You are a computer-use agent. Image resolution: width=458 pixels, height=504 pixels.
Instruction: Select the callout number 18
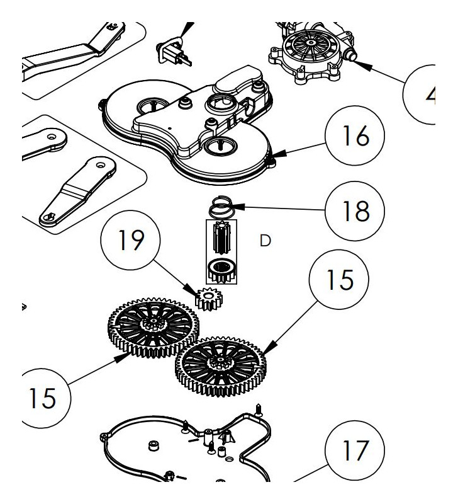click(x=355, y=212)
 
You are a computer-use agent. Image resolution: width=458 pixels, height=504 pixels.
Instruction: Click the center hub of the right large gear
click(x=220, y=362)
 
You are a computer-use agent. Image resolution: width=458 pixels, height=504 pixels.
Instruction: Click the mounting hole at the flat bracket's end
click(x=49, y=217)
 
